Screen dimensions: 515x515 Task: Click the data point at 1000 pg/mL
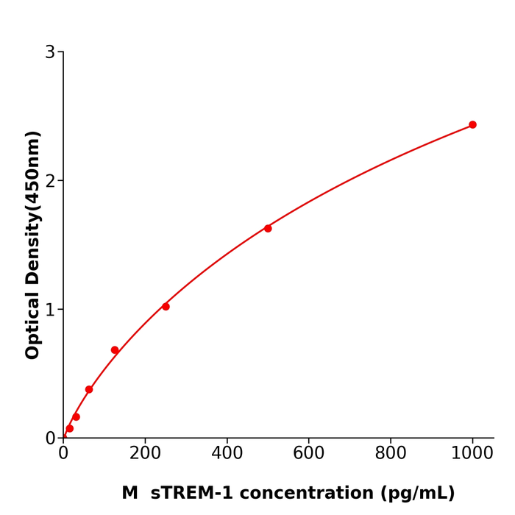pyautogui.click(x=472, y=125)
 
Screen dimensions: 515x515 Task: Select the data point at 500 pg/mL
pyautogui.click(x=268, y=229)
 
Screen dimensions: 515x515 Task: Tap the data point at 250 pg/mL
pyautogui.click(x=166, y=307)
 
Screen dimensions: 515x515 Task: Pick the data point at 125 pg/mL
pyautogui.click(x=115, y=350)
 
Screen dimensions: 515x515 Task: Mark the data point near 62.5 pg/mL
pyautogui.click(x=89, y=389)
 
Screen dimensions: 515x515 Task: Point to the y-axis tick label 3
pyautogui.click(x=50, y=52)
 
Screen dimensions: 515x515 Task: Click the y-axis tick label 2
pyautogui.click(x=50, y=181)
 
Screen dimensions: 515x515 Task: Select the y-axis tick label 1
pyautogui.click(x=50, y=310)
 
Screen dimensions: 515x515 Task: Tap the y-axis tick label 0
pyautogui.click(x=50, y=438)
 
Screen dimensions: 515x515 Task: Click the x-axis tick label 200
pyautogui.click(x=145, y=454)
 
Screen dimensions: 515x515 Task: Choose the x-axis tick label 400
pyautogui.click(x=227, y=454)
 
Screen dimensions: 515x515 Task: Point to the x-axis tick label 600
pyautogui.click(x=308, y=454)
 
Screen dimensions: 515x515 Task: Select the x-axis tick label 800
pyautogui.click(x=390, y=454)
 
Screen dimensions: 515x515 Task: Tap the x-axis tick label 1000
pyautogui.click(x=472, y=454)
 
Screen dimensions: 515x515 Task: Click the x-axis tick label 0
pyautogui.click(x=63, y=454)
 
